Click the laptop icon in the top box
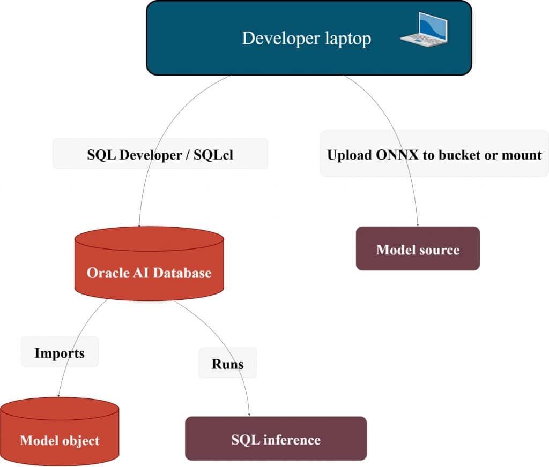(424, 30)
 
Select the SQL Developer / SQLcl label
(160, 154)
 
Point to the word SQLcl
(213, 154)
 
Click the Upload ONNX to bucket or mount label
(434, 154)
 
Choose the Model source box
(418, 249)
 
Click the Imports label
(60, 352)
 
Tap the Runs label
(227, 364)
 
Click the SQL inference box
(276, 439)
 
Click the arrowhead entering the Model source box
(418, 224)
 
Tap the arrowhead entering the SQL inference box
(250, 415)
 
